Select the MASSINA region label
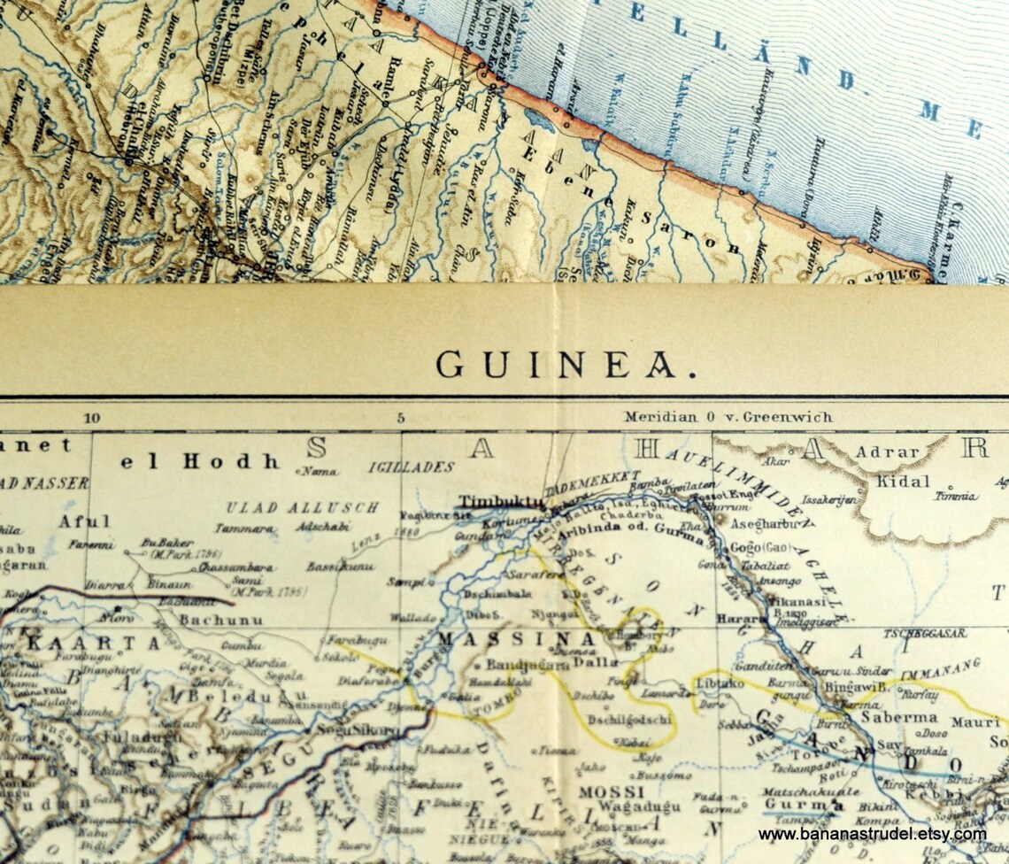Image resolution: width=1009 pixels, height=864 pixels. point(517,638)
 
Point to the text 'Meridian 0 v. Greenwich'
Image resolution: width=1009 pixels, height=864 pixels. point(728,416)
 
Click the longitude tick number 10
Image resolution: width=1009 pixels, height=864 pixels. point(91,419)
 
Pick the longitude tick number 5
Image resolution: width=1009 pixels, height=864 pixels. point(400,419)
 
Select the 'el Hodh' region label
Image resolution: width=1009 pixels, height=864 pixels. point(200,461)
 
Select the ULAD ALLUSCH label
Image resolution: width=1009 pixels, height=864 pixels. point(302,508)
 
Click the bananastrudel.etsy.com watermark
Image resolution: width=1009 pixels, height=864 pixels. point(872,834)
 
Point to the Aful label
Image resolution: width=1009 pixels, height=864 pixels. point(85,521)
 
